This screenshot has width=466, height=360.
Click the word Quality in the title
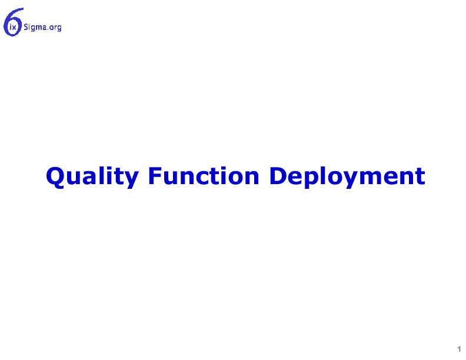point(92,176)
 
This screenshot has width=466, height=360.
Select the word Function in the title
point(204,176)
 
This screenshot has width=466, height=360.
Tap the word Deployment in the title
point(347,176)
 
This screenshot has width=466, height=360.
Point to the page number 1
point(459,349)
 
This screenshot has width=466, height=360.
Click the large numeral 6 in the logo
point(13,22)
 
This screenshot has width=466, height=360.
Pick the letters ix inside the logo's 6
point(13,28)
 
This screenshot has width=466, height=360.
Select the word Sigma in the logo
point(35,27)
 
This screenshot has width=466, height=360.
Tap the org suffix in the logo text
point(55,28)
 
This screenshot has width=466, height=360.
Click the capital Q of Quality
point(55,177)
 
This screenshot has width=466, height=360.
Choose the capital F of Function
point(155,176)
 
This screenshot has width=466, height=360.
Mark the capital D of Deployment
point(278,176)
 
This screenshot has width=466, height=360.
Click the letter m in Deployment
point(375,178)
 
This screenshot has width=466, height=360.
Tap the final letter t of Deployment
point(420,177)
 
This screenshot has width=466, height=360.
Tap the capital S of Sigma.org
point(26,27)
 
